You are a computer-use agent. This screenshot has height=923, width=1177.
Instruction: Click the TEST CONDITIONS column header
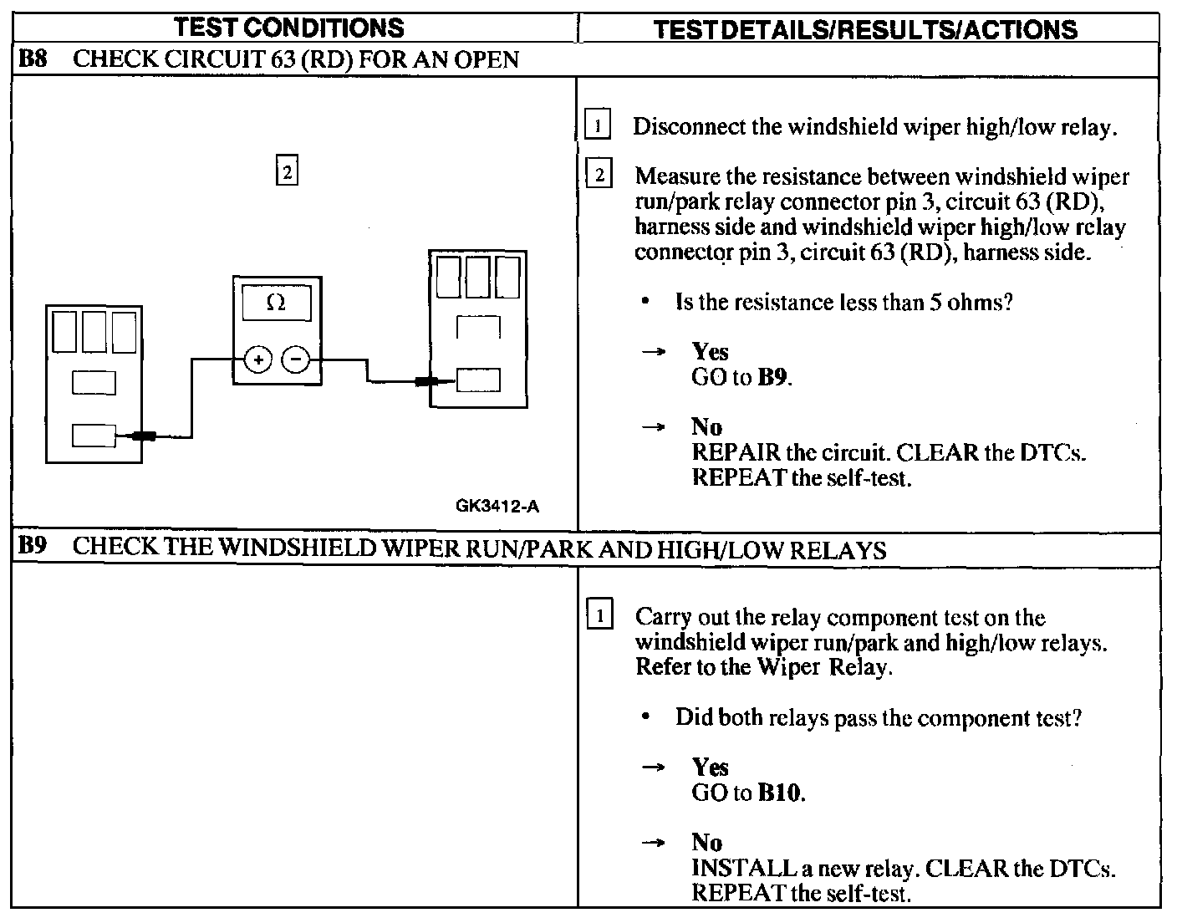pyautogui.click(x=289, y=28)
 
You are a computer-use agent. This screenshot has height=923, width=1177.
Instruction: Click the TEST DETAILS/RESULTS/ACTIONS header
pyautogui.click(x=865, y=29)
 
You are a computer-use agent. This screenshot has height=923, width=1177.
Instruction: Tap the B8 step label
pyautogui.click(x=32, y=59)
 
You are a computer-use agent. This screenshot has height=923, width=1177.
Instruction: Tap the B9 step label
pyautogui.click(x=32, y=547)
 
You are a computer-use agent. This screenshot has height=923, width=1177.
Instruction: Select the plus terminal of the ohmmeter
pyautogui.click(x=258, y=360)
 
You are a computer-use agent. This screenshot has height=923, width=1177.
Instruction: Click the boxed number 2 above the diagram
pyautogui.click(x=287, y=172)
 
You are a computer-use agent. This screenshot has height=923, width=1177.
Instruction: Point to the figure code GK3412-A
pyautogui.click(x=497, y=506)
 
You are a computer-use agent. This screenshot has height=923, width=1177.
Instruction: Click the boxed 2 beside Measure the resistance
pyautogui.click(x=599, y=176)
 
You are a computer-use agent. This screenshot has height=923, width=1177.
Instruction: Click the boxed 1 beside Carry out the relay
pyautogui.click(x=599, y=617)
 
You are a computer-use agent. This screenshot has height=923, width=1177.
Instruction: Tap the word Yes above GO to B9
pyautogui.click(x=710, y=352)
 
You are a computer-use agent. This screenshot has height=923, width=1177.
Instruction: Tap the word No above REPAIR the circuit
pyautogui.click(x=706, y=427)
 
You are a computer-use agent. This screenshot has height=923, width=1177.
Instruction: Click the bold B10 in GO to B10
pyautogui.click(x=780, y=793)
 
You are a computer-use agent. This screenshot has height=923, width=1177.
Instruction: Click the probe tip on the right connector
pyautogui.click(x=427, y=382)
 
